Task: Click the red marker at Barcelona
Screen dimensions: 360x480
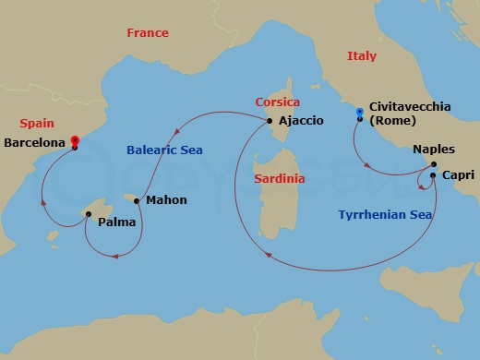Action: tap(74, 142)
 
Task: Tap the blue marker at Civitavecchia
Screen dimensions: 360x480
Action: tap(359, 114)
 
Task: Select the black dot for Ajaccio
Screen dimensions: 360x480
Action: tap(269, 121)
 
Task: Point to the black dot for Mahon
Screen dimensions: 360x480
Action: tap(138, 199)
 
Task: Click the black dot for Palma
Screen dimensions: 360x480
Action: tap(88, 214)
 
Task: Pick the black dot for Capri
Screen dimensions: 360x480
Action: tap(433, 174)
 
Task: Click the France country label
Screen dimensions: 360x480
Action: tap(148, 33)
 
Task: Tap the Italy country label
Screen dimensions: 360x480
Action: tap(362, 56)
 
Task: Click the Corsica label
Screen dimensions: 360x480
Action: tap(280, 103)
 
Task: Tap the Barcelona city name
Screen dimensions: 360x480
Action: tap(35, 143)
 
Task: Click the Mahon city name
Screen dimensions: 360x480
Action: tap(166, 200)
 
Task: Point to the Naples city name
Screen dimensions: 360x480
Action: tap(434, 150)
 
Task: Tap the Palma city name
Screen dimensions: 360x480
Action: tap(117, 222)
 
